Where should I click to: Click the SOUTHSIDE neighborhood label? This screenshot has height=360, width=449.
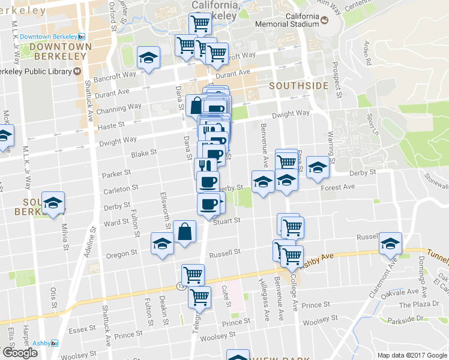pyautogui.click(x=298, y=86)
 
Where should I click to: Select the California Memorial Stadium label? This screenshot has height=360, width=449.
pyautogui.click(x=286, y=20)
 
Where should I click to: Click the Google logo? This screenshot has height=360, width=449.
pyautogui.click(x=19, y=352)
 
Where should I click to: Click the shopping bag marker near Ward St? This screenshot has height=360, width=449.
pyautogui.click(x=185, y=232)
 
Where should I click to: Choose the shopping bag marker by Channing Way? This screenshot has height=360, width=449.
pyautogui.click(x=196, y=106)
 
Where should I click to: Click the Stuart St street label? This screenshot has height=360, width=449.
pyautogui.click(x=226, y=220)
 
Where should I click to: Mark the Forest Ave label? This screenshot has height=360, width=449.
pyautogui.click(x=337, y=187)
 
